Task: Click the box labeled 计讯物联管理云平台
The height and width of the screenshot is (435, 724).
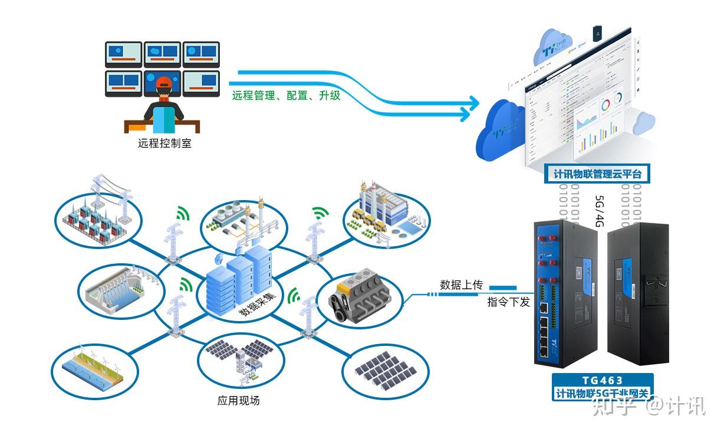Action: point(597,174)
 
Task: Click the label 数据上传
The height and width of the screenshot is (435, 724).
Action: point(460,285)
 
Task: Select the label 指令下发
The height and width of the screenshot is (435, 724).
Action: point(508,302)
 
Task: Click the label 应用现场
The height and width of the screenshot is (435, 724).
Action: point(238,401)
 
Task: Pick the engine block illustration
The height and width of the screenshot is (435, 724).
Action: point(360,299)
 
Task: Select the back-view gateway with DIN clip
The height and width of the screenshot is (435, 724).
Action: point(639,292)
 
